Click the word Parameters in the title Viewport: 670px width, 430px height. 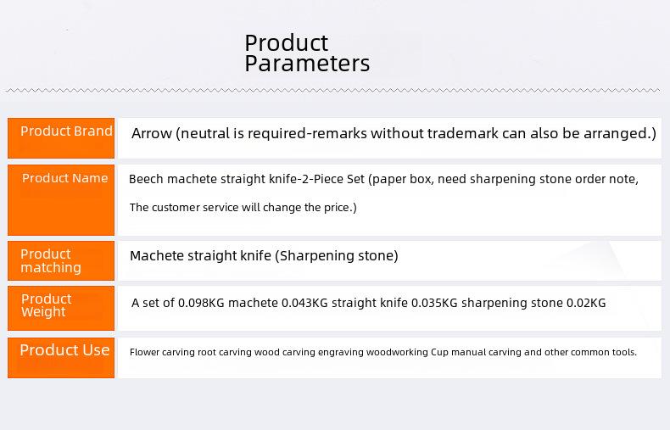(307, 64)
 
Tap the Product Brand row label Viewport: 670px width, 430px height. (66, 131)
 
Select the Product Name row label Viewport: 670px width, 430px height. (65, 178)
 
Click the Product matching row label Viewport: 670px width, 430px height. (51, 260)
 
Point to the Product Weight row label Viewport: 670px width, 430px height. (46, 305)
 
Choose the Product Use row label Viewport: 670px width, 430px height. (64, 350)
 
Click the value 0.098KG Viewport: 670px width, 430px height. (201, 303)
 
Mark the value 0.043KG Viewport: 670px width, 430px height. (304, 303)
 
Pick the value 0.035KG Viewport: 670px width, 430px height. (434, 303)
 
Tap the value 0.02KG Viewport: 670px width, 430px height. (586, 303)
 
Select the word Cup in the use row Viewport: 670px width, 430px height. (439, 353)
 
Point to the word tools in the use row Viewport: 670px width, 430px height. (625, 352)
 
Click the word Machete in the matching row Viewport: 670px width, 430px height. (157, 255)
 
